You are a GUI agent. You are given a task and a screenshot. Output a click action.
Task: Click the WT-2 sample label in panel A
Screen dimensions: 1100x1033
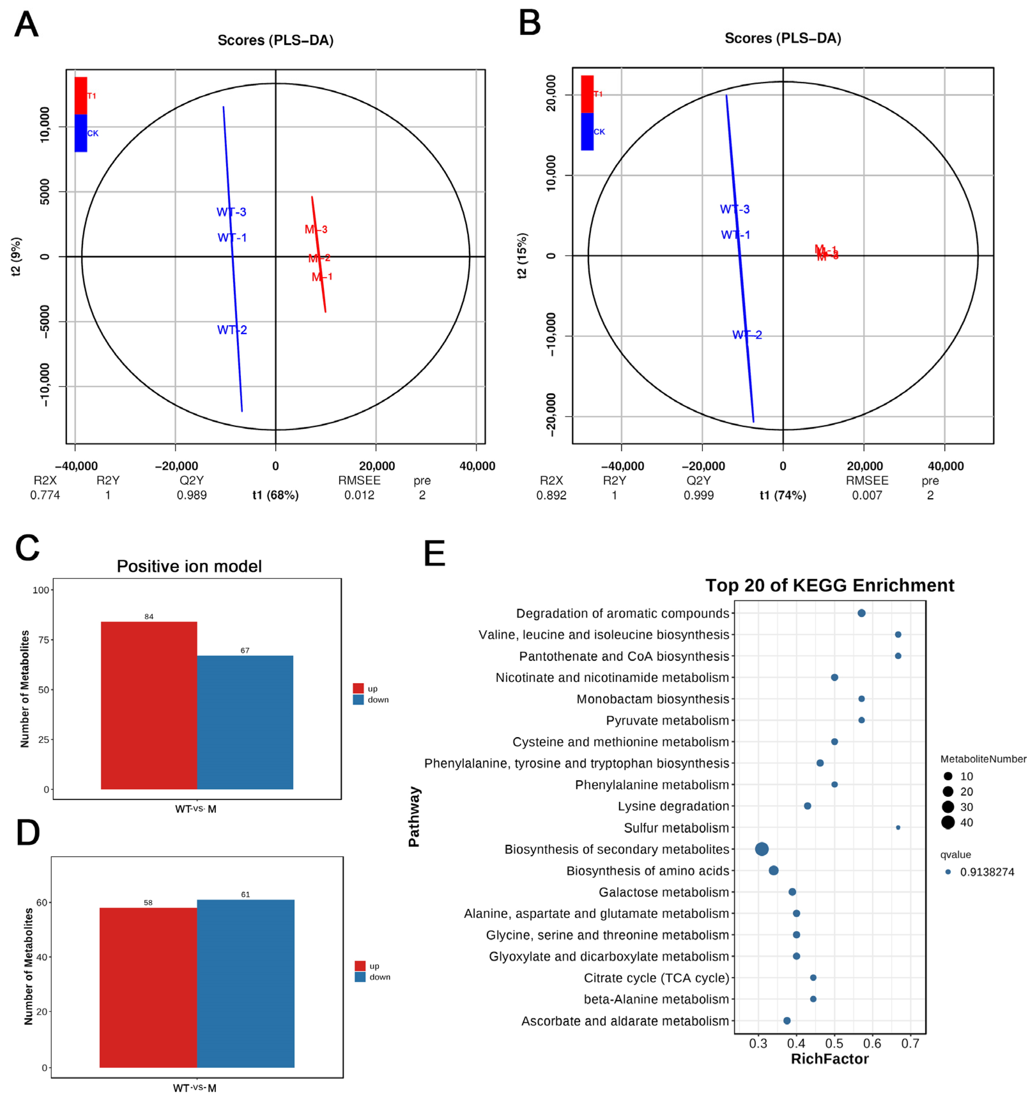(232, 330)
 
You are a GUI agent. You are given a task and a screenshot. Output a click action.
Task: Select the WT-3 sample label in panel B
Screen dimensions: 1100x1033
(735, 209)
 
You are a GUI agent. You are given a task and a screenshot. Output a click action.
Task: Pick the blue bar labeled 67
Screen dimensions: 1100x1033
(245, 722)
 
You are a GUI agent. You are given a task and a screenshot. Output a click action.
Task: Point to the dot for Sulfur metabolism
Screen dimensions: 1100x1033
(898, 828)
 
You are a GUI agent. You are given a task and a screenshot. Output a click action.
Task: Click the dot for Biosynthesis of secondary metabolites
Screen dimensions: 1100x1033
(762, 849)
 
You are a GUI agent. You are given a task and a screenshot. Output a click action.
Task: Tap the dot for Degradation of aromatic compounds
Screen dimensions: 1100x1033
(861, 613)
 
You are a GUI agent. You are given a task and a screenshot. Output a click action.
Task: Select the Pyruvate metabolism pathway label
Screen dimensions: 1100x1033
(667, 720)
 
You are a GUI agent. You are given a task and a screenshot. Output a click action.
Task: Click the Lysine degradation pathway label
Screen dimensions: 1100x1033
(673, 806)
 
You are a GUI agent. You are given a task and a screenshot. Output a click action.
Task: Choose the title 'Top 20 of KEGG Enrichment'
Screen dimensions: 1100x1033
(830, 585)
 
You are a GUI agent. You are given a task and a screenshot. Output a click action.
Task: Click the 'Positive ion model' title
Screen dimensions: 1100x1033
(189, 566)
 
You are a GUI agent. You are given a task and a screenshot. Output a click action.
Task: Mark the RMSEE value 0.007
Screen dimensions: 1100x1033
(867, 495)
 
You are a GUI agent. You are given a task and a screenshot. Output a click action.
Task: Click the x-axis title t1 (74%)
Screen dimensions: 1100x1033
(782, 495)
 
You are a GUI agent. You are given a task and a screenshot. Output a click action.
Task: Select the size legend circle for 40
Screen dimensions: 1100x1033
(948, 822)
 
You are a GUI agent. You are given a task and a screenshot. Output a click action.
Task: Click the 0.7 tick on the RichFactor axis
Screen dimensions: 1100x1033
(910, 1043)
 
